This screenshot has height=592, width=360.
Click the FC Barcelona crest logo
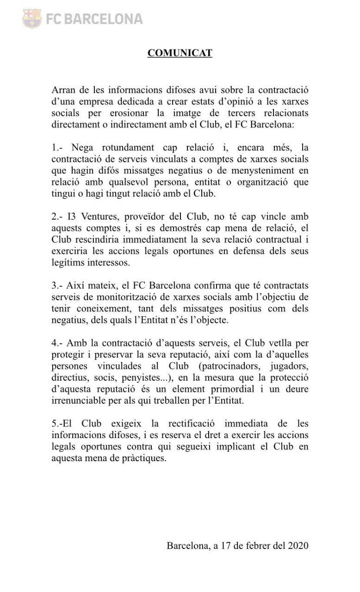(x=31, y=18)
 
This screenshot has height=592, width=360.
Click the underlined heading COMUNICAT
(x=180, y=53)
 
